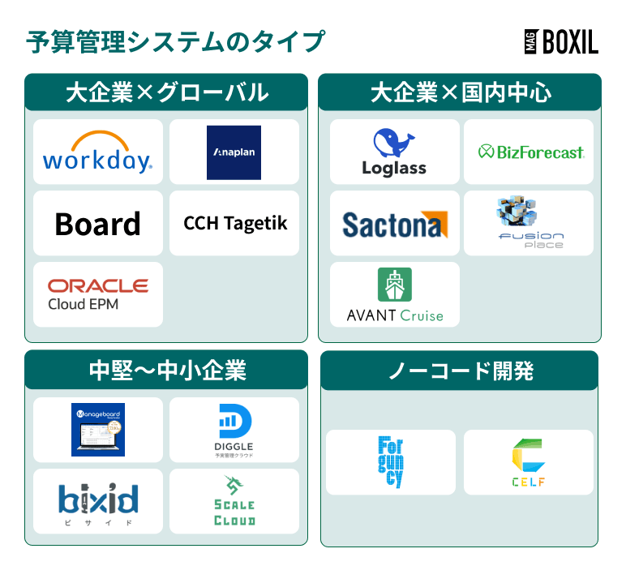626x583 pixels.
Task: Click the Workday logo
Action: [97, 152]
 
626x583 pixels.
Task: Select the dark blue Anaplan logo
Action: [234, 152]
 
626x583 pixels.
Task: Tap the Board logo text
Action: [97, 224]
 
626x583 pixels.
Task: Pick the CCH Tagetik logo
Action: [235, 223]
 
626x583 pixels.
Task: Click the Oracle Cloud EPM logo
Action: [97, 294]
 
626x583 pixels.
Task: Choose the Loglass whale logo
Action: [394, 152]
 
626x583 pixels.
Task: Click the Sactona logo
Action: [395, 224]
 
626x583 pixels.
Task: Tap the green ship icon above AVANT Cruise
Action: [395, 285]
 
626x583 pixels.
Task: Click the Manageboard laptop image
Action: [97, 429]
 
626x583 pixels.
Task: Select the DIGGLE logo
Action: [235, 429]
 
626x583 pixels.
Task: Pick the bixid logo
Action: [97, 500]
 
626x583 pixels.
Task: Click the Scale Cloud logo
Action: [234, 501]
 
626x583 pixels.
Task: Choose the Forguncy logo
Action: [390, 461]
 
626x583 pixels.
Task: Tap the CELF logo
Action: [528, 462]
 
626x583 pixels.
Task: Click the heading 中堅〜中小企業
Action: [166, 370]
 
